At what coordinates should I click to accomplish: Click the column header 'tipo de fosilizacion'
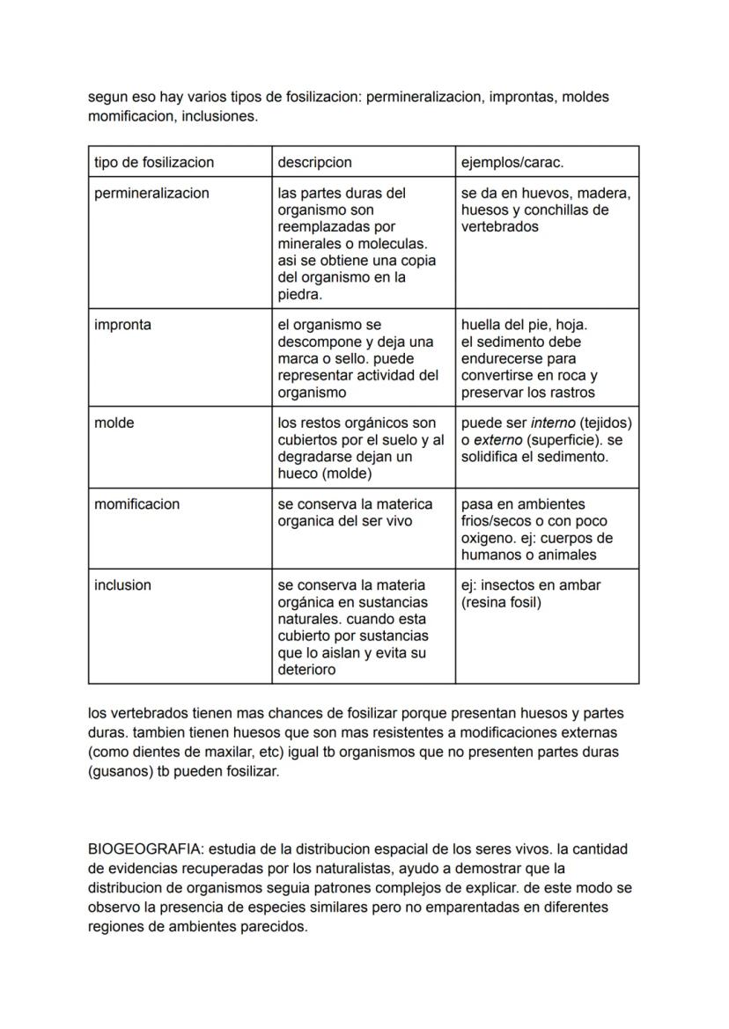coord(154,162)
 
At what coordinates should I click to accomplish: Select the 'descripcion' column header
coord(314,162)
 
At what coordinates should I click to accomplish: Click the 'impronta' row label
coord(122,325)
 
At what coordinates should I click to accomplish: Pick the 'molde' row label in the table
coord(114,423)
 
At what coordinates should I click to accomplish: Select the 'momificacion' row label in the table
coord(136,504)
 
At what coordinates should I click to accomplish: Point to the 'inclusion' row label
coord(122,585)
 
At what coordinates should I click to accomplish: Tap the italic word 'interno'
coord(556,423)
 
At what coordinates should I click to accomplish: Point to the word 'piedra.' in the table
coord(299,295)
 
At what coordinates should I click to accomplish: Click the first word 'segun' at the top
coord(107,97)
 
